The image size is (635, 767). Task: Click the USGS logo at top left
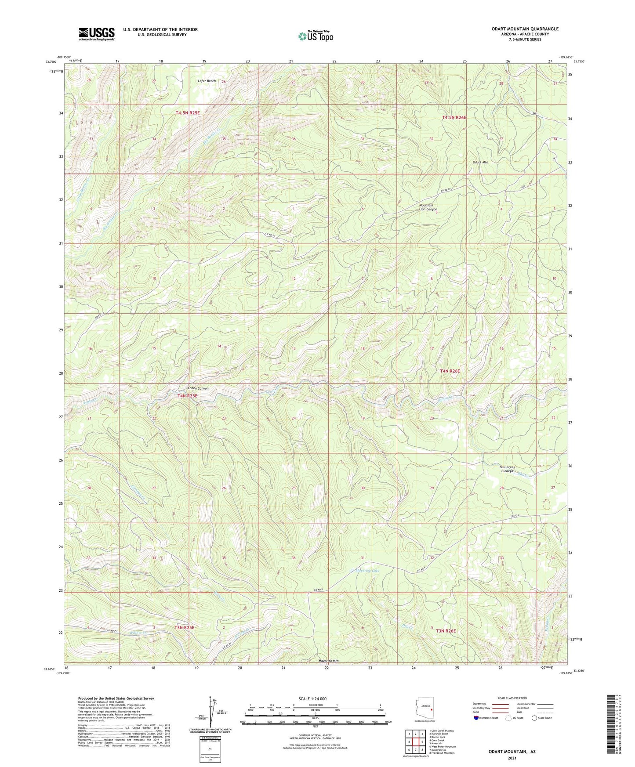(97, 33)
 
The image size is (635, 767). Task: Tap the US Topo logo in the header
(316, 36)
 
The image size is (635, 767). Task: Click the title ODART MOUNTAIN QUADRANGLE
(525, 29)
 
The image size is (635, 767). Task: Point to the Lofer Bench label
(207, 81)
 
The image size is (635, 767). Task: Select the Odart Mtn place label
(480, 162)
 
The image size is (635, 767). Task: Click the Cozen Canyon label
(198, 388)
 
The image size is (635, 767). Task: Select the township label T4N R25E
(188, 396)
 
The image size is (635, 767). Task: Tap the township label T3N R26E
(446, 631)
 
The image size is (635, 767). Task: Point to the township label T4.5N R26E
(454, 118)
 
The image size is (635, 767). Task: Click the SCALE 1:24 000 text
(312, 699)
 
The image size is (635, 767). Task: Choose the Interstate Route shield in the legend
(477, 718)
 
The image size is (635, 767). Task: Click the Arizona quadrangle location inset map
(425, 709)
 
